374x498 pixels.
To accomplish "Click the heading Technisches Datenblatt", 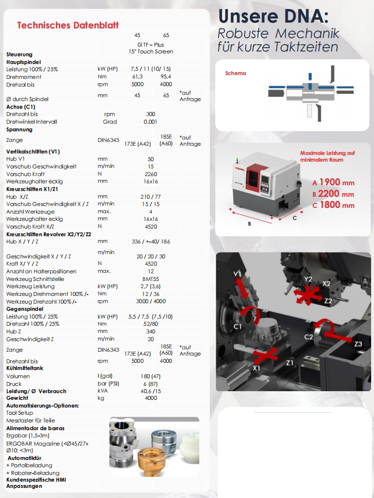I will pyautogui.click(x=68, y=25).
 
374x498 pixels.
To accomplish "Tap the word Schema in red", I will pyautogui.click(x=235, y=74).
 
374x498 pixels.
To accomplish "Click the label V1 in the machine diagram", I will pyautogui.click(x=238, y=274).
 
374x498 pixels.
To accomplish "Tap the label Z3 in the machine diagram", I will pyautogui.click(x=358, y=345).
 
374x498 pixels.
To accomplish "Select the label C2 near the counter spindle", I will pyautogui.click(x=309, y=337).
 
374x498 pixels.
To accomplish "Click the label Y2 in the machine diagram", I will pyautogui.click(x=308, y=279).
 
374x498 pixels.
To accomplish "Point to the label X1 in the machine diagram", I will pyautogui.click(x=257, y=368).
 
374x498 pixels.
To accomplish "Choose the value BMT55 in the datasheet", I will pyautogui.click(x=151, y=279).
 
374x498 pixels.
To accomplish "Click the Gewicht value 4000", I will pyautogui.click(x=151, y=398).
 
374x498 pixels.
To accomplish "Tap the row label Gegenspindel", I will pyautogui.click(x=25, y=309).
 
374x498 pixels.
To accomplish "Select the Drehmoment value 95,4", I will pyautogui.click(x=166, y=77).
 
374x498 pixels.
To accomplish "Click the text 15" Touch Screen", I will pyautogui.click(x=151, y=51).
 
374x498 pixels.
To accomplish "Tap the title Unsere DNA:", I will pyautogui.click(x=273, y=16).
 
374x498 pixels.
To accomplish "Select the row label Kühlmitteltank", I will pyautogui.click(x=25, y=369).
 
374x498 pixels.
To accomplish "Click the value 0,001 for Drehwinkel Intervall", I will pyautogui.click(x=151, y=122).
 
